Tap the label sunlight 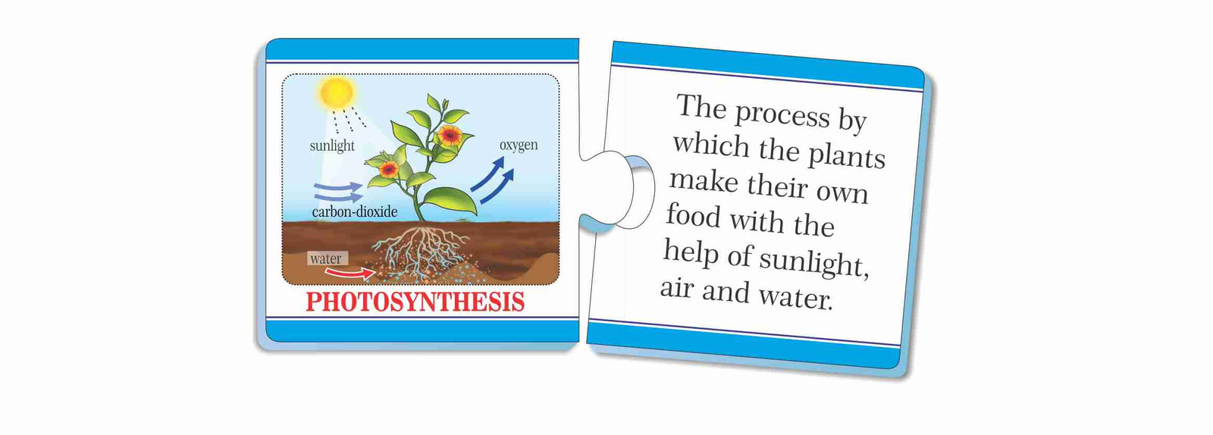[332, 146]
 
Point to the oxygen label [519, 146]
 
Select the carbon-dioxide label [355, 211]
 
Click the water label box [327, 258]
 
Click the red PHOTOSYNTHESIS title [415, 302]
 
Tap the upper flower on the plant [450, 135]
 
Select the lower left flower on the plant [388, 169]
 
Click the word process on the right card [782, 115]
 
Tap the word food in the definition [693, 216]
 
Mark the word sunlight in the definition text [814, 262]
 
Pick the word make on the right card [704, 180]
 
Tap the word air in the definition [676, 288]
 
